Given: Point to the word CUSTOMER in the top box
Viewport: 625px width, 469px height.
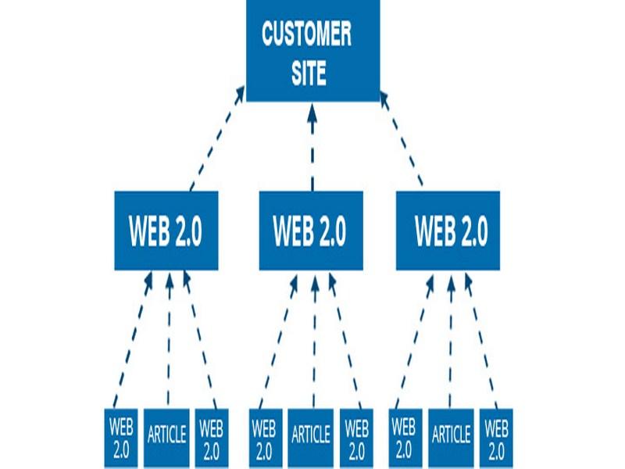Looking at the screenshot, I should coord(306,35).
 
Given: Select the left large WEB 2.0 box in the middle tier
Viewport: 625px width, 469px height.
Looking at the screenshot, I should coord(166,231).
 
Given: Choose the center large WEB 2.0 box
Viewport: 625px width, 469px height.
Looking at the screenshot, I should coord(311,231).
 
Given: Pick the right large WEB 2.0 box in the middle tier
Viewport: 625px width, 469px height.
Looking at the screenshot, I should coord(448,231).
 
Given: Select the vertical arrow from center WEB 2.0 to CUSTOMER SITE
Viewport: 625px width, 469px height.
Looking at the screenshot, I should coord(312,149).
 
